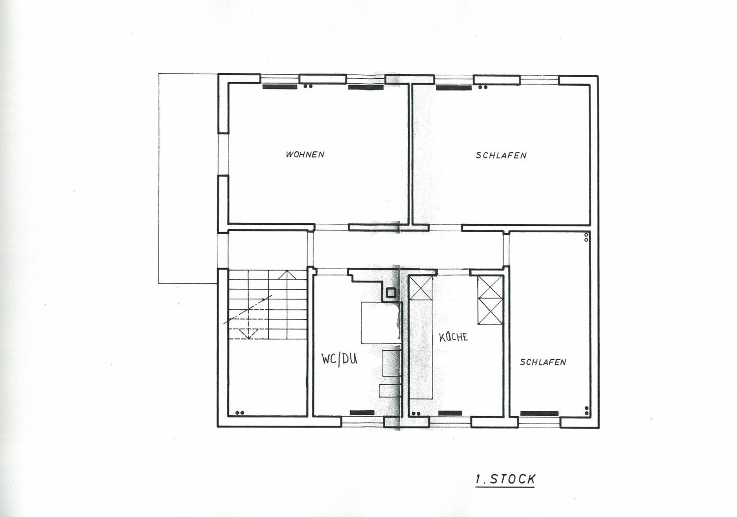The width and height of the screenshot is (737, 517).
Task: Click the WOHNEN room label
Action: (305, 154)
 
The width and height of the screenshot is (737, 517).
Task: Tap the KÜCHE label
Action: (454, 336)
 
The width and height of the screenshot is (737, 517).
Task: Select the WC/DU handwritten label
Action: (339, 359)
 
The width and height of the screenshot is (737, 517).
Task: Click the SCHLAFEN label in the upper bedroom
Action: (501, 155)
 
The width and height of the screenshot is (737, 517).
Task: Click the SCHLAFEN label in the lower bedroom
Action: (543, 362)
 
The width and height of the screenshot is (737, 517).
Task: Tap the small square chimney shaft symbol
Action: (391, 293)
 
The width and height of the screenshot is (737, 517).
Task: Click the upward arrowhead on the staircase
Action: (287, 275)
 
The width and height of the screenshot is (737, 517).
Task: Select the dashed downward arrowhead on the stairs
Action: (249, 334)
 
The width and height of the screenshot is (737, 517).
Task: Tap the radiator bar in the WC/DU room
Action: (362, 413)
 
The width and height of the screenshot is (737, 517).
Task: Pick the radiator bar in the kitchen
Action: (450, 413)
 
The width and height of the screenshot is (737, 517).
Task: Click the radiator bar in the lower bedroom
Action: (539, 414)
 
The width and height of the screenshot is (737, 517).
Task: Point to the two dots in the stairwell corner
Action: (240, 413)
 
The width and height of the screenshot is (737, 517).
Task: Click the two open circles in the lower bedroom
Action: (586, 238)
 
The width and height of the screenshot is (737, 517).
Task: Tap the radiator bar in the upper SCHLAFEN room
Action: (454, 88)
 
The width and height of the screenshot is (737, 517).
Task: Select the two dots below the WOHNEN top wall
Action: (308, 87)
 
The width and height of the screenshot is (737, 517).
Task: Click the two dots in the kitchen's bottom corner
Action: (416, 413)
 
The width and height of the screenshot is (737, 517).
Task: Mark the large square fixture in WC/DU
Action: (381, 323)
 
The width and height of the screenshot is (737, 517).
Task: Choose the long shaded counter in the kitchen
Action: (421, 349)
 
